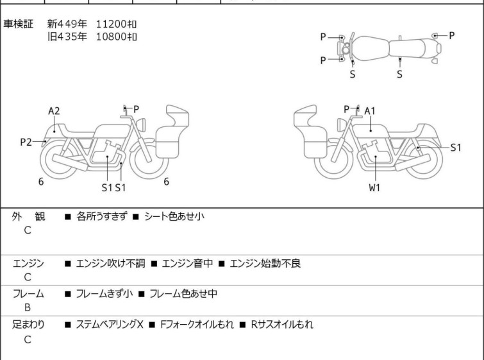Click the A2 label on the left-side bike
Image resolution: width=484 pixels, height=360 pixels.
click(x=54, y=111)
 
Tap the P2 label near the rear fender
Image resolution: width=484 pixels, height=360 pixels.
click(x=26, y=142)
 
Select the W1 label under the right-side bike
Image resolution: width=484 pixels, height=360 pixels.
click(x=374, y=187)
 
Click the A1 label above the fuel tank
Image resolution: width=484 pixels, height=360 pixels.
click(x=369, y=111)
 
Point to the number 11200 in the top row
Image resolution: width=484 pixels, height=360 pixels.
click(x=111, y=24)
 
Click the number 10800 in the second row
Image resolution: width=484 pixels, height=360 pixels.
click(x=111, y=37)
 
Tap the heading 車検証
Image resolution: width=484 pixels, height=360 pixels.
click(x=18, y=24)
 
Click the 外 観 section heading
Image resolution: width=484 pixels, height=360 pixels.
click(x=28, y=216)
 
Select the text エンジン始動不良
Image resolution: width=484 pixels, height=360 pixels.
click(x=265, y=263)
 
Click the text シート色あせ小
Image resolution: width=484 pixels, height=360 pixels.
click(x=174, y=216)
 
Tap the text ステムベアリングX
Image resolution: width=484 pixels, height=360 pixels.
click(x=110, y=325)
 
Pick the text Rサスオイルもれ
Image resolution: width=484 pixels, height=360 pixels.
click(x=282, y=325)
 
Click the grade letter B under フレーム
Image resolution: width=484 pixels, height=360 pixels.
click(x=28, y=308)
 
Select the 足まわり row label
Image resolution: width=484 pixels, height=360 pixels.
click(x=28, y=325)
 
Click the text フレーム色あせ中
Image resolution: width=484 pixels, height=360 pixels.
click(x=183, y=293)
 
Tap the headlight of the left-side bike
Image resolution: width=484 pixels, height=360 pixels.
click(x=141, y=125)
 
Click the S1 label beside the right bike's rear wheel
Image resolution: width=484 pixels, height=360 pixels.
click(x=456, y=148)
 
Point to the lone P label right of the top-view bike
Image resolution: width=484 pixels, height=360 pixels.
click(x=451, y=36)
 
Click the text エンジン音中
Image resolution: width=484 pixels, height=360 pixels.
click(x=187, y=263)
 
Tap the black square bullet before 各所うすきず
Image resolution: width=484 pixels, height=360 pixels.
click(x=68, y=217)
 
